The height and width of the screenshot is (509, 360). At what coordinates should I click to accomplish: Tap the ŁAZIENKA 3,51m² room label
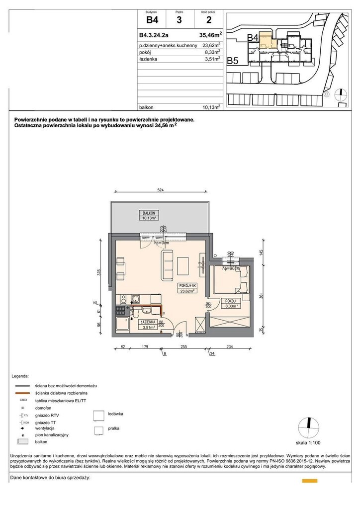[149, 324]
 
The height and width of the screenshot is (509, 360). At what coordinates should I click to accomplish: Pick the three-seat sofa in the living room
[167, 263]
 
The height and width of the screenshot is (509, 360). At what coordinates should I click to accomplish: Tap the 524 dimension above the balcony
[161, 189]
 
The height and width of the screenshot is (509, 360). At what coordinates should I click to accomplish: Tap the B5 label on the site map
[233, 61]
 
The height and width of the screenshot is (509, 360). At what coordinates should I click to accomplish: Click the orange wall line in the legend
[23, 393]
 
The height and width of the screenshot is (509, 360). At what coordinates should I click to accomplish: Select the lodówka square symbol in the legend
[99, 416]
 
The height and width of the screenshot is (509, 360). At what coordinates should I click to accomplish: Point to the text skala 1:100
[309, 442]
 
